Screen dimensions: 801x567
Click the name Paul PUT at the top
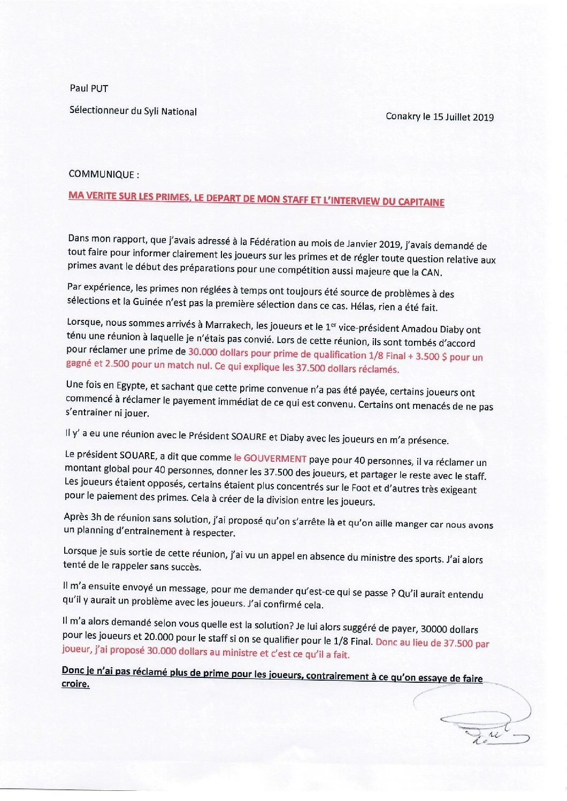88,88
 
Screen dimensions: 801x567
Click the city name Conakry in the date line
403,116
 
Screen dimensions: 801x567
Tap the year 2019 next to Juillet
483,117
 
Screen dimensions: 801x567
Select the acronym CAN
431,272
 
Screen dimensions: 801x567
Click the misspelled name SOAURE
248,436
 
